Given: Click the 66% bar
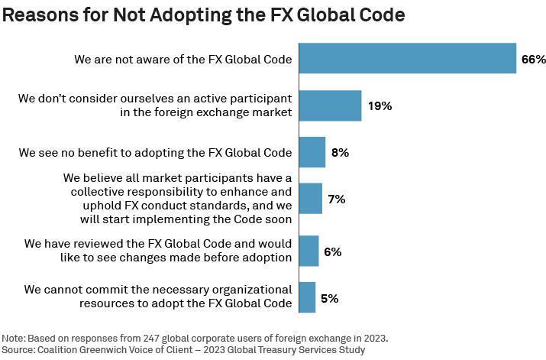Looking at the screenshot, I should (x=408, y=59).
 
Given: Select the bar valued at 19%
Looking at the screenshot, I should (x=330, y=105).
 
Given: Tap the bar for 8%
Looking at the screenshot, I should (x=312, y=152).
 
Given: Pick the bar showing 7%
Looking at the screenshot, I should (x=310, y=199).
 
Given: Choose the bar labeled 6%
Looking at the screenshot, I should (x=309, y=251).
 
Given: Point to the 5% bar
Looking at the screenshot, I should (x=307, y=297).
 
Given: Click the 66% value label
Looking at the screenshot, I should (x=534, y=60).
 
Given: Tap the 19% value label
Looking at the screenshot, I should (x=380, y=105).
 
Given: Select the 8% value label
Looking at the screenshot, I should (x=340, y=152).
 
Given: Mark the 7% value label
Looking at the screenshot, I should (x=337, y=199).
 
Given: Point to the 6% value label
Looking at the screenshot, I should (x=332, y=251).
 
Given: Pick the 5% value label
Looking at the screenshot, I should (x=329, y=297).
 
